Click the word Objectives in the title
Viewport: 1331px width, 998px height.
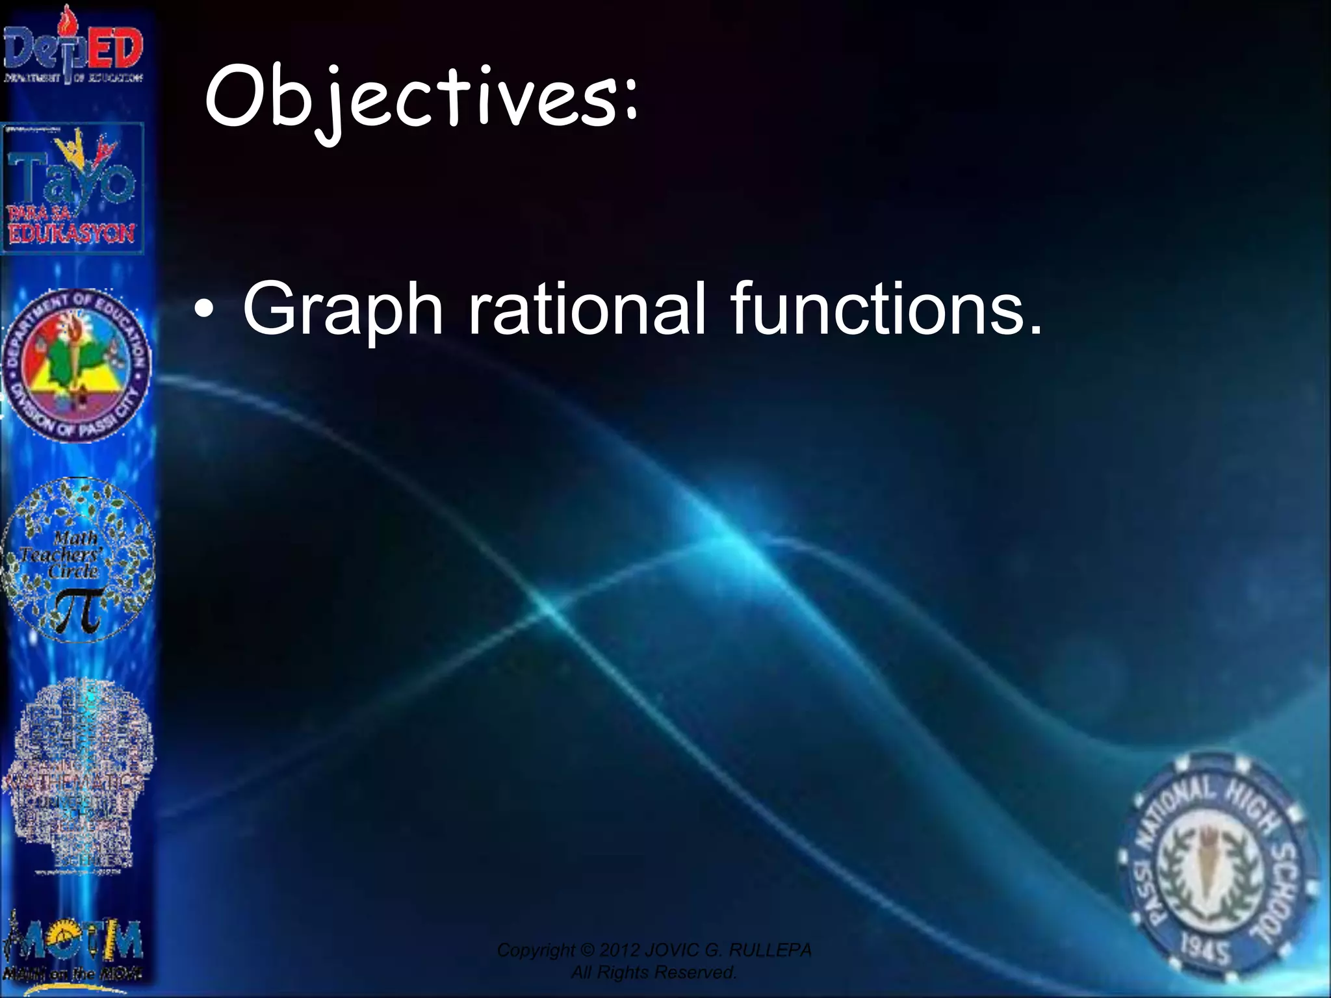(x=409, y=97)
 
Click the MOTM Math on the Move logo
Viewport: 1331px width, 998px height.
(x=73, y=949)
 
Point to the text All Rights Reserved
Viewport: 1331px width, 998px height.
(x=653, y=973)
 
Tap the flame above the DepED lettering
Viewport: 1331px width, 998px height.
(x=65, y=19)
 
